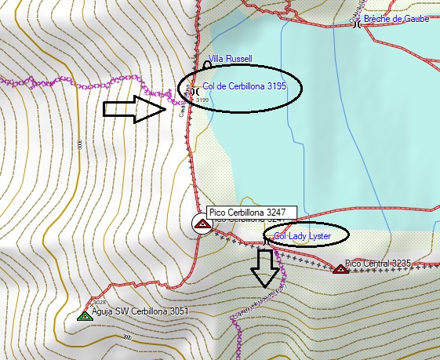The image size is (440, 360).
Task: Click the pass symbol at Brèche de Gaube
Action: [358, 24]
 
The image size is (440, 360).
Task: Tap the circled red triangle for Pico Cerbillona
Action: [202, 224]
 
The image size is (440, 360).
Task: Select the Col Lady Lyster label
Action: [302, 236]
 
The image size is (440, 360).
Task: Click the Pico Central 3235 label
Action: [378, 263]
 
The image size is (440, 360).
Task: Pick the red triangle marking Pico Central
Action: [340, 269]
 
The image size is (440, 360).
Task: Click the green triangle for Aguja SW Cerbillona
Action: [85, 316]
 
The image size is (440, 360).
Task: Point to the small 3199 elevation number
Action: [202, 100]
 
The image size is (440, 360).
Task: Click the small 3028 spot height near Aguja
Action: [99, 302]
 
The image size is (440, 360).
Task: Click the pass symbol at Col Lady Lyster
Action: [269, 243]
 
